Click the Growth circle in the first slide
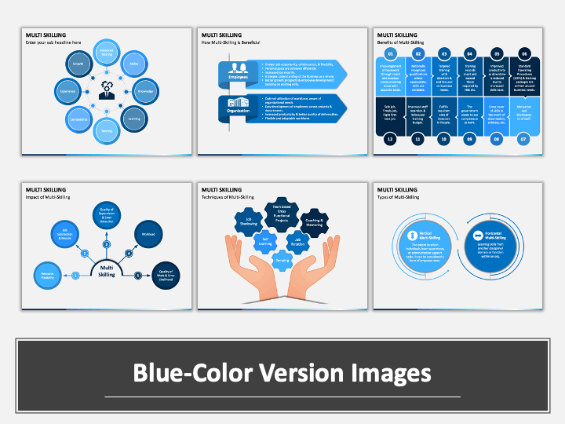click(x=78, y=62)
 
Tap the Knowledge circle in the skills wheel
click(x=146, y=91)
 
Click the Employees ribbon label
click(x=239, y=78)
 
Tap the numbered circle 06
click(x=524, y=54)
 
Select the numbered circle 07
click(x=524, y=138)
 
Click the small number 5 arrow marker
click(x=138, y=275)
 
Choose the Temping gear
click(x=280, y=258)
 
